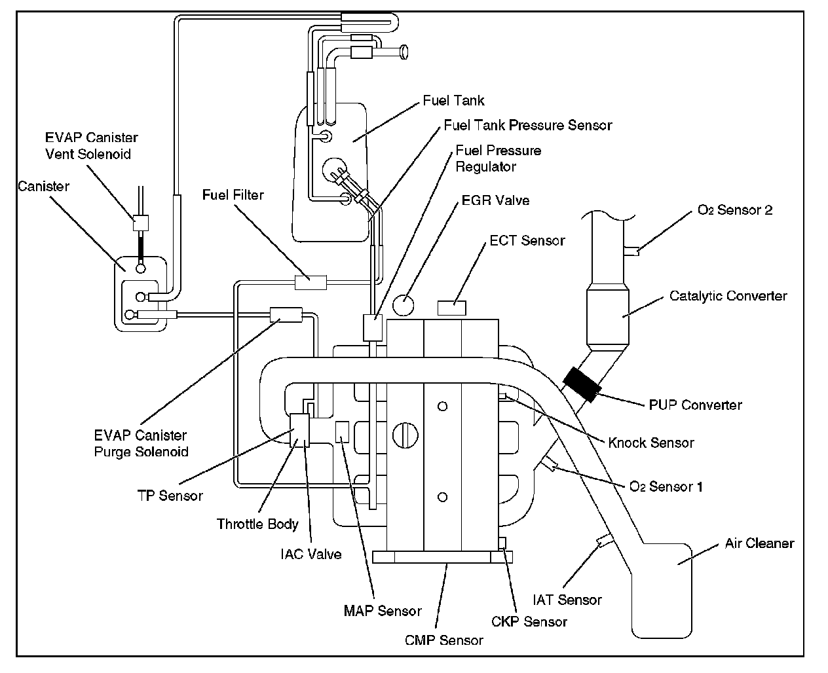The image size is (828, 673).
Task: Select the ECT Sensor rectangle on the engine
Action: (452, 307)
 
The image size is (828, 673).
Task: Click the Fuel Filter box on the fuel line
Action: (310, 282)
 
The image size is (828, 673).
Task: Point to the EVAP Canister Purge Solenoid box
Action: (286, 315)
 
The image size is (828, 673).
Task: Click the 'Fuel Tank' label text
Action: (454, 101)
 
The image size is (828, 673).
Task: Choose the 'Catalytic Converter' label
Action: (728, 296)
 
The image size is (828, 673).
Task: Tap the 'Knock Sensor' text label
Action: (650, 443)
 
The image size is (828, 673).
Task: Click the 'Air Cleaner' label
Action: (759, 543)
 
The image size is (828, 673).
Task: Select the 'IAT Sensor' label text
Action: (567, 600)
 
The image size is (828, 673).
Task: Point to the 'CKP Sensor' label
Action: (529, 621)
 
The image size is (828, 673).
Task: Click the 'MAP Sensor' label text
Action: (383, 611)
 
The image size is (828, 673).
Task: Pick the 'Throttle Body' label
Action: (257, 524)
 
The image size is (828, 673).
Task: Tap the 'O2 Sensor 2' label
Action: (735, 210)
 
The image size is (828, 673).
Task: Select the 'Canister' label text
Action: (43, 187)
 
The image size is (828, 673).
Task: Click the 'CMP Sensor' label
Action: (444, 640)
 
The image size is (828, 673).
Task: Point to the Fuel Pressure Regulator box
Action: (373, 327)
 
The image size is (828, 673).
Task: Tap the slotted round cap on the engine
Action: (405, 435)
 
